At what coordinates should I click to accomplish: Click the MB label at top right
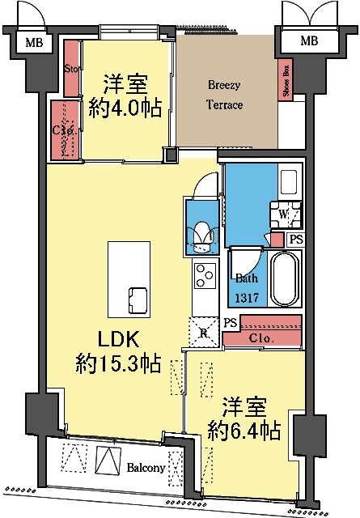click(x=309, y=40)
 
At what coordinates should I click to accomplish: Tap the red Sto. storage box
click(x=70, y=68)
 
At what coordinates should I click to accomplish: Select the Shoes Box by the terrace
click(x=286, y=82)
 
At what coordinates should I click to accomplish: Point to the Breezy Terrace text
click(x=225, y=94)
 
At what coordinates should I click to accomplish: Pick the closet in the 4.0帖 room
click(x=61, y=129)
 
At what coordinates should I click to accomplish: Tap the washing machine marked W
click(x=286, y=214)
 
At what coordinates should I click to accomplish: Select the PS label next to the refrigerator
click(x=231, y=323)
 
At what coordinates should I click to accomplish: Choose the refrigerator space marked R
click(x=203, y=331)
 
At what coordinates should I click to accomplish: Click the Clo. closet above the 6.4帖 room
click(x=260, y=338)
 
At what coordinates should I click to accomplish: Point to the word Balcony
click(x=146, y=467)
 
